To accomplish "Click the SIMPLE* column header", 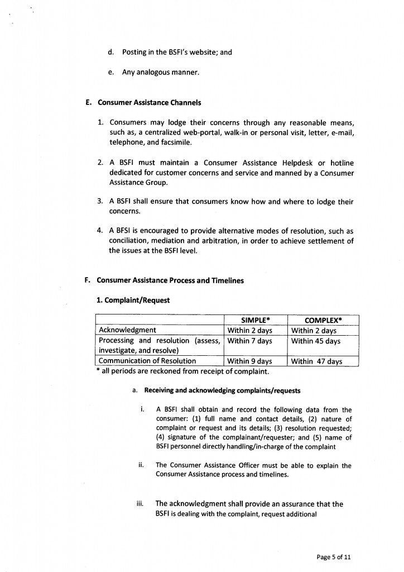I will (256, 320).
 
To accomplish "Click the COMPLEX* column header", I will (323, 320).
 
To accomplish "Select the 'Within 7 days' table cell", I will (249, 341).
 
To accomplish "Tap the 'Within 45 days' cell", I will (316, 341).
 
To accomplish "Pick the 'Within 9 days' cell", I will (249, 361).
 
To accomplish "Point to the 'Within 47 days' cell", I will (316, 361).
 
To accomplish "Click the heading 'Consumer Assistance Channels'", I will (149, 103).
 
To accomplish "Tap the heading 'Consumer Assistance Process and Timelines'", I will (170, 280).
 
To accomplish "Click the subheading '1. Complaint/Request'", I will (133, 300).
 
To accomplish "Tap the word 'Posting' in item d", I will (134, 53).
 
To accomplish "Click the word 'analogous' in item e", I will (160, 72).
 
